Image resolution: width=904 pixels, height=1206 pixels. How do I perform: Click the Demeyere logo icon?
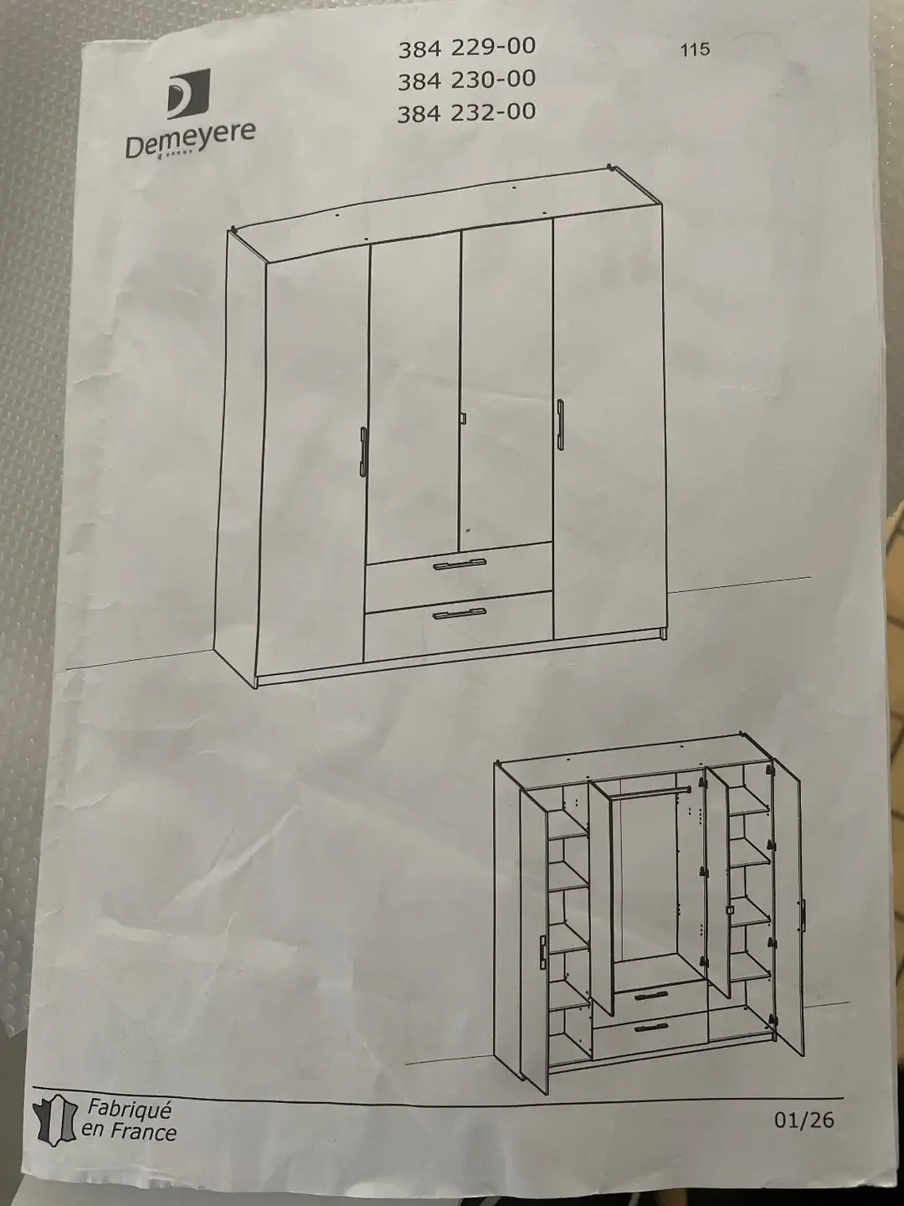pos(188,94)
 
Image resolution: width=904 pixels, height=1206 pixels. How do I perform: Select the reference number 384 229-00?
pos(466,48)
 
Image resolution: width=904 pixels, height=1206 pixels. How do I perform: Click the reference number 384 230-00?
pos(466,80)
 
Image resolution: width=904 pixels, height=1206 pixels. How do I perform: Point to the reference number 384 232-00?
pos(466,113)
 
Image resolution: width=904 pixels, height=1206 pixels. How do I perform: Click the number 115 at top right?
pos(696,50)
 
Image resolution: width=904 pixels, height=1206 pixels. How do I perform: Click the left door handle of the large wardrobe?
pos(363,451)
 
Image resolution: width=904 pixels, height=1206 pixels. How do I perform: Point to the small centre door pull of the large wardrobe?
pos(463,418)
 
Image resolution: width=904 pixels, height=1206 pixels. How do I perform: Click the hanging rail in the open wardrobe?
pos(650,793)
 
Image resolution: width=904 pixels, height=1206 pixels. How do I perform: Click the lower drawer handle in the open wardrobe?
pos(651,1027)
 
